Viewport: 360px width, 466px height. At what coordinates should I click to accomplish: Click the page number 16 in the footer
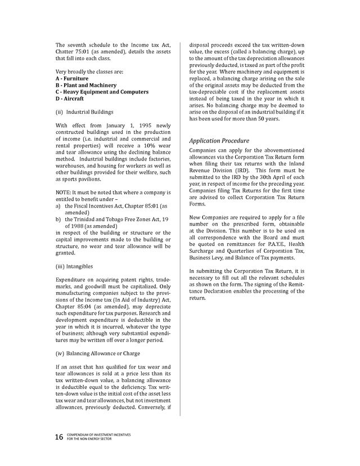coord(59,437)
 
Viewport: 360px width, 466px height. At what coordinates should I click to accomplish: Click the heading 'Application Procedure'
coord(219,141)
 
